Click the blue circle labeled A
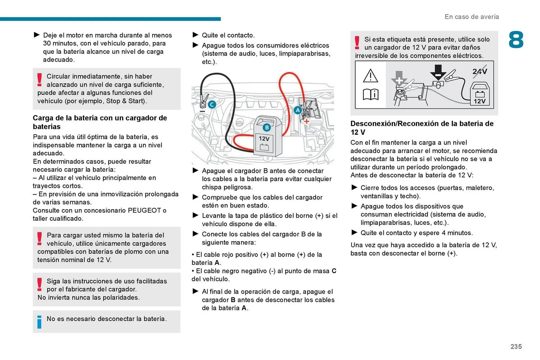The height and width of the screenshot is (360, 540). point(298,110)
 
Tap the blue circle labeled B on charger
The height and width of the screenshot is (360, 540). point(267,128)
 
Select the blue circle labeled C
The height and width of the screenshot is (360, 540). point(212,105)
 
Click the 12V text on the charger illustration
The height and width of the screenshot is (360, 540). point(264,139)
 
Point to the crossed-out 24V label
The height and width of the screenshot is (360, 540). point(480,71)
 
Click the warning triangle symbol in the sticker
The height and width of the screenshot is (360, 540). point(370,76)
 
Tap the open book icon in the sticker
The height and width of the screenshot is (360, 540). point(370,94)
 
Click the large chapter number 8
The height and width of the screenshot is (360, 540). point(516,40)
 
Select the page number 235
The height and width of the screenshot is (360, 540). point(516,347)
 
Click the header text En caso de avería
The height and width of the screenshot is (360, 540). point(472,17)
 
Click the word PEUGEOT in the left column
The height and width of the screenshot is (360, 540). point(144,210)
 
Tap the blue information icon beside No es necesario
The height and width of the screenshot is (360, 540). point(39,322)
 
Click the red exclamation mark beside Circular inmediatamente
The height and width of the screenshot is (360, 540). point(40,80)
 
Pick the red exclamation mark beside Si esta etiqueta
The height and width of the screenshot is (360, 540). point(357,43)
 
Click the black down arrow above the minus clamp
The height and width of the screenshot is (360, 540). point(438,72)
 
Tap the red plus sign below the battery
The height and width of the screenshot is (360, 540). point(306,121)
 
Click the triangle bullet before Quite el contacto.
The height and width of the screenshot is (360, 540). point(195,35)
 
